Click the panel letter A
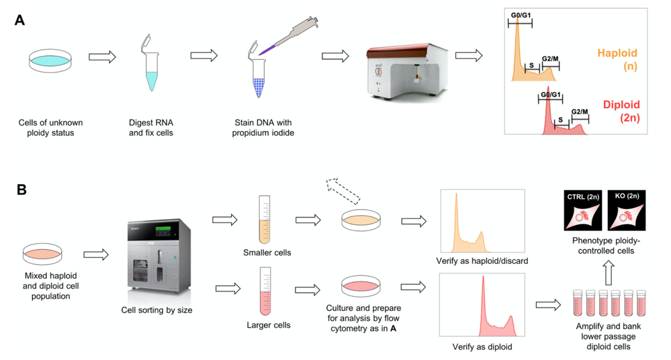(19, 20)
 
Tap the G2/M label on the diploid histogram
(580, 111)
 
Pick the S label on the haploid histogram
(532, 64)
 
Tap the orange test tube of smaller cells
(265, 220)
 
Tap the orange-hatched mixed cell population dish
(44, 254)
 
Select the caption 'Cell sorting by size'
(156, 310)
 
